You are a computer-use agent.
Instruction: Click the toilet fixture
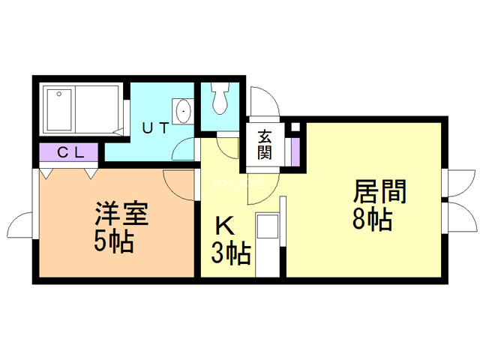pyautogui.click(x=220, y=98)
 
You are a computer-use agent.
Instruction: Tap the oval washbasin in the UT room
pyautogui.click(x=184, y=111)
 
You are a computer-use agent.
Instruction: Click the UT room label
pyautogui.click(x=155, y=128)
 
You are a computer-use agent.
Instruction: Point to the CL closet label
pyautogui.click(x=70, y=152)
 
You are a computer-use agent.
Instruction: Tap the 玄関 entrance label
pyautogui.click(x=265, y=144)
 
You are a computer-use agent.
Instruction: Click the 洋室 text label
pyautogui.click(x=121, y=214)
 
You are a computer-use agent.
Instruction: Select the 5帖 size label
pyautogui.click(x=113, y=241)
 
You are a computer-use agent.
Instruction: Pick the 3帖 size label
pyautogui.click(x=232, y=253)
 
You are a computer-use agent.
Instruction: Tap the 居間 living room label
pyautogui.click(x=380, y=191)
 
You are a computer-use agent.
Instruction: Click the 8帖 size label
pyautogui.click(x=373, y=219)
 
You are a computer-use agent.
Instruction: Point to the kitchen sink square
pyautogui.click(x=268, y=226)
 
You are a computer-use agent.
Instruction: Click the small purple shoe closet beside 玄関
pyautogui.click(x=295, y=152)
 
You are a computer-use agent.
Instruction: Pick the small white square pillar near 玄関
pyautogui.click(x=295, y=127)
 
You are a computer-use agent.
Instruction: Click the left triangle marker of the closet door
pyautogui.click(x=46, y=173)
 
